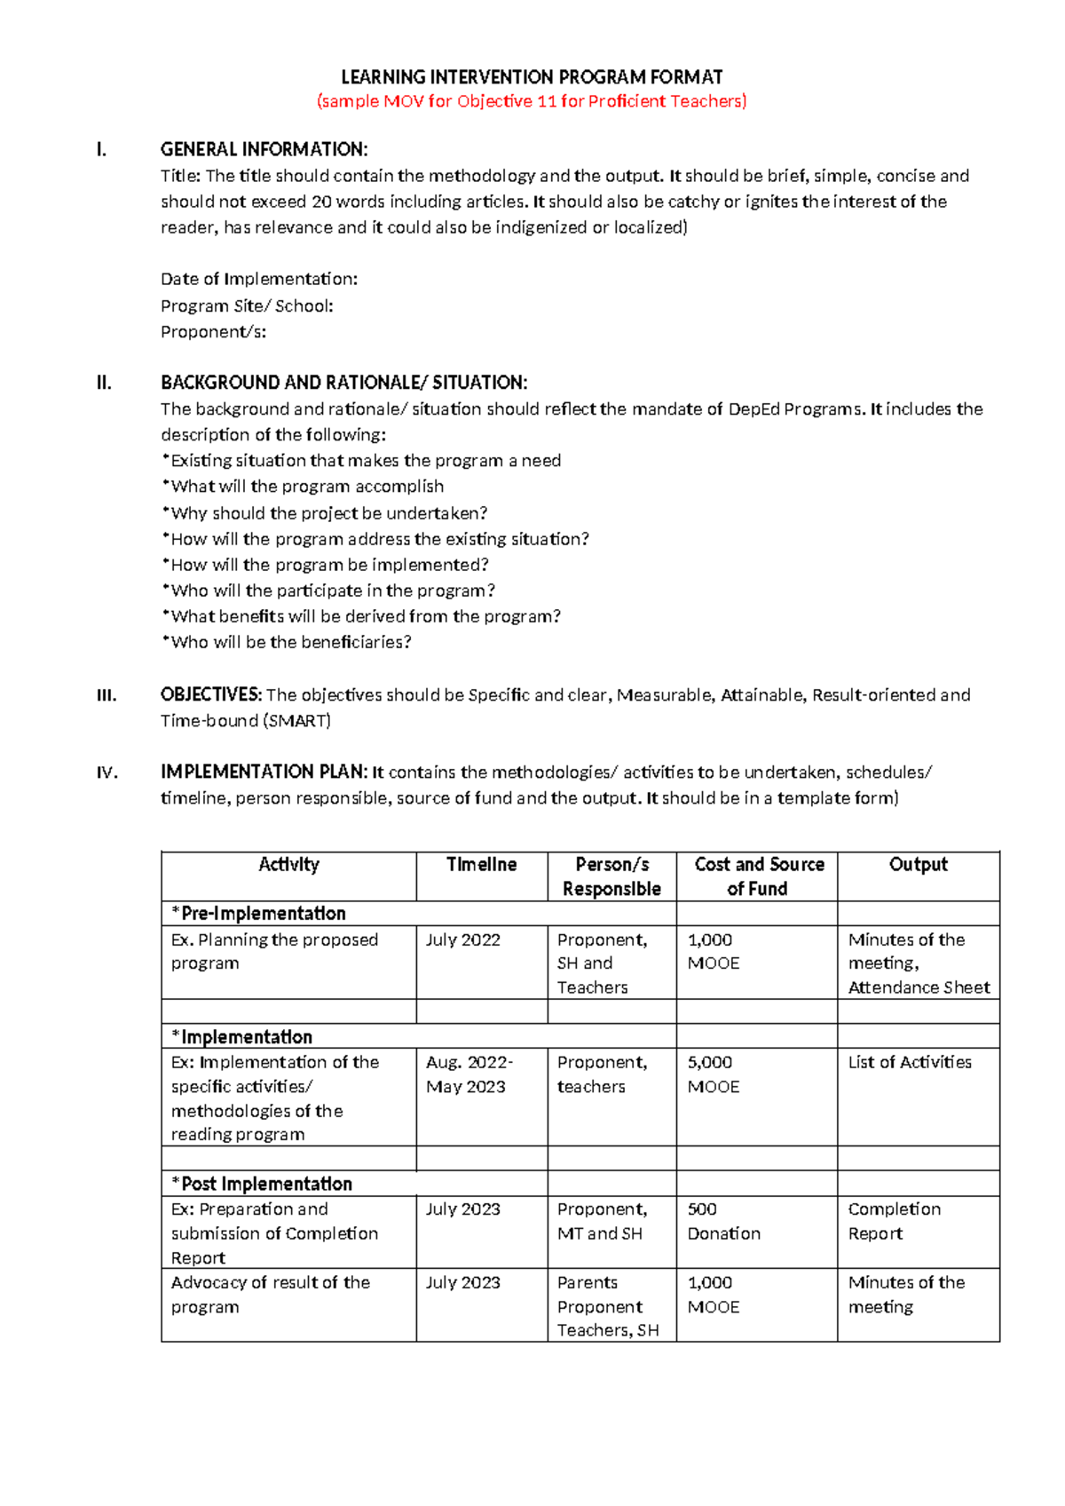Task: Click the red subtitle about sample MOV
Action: point(532,101)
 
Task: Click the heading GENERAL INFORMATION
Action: point(264,149)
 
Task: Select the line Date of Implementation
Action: point(259,279)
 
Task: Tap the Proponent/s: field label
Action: point(213,332)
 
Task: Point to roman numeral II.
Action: point(104,383)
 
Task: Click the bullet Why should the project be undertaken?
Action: point(325,513)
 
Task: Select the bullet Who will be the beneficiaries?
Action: point(287,642)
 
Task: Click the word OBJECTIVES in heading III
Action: point(210,694)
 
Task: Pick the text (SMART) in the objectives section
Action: point(297,721)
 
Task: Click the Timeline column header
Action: point(481,865)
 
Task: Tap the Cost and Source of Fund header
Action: point(758,876)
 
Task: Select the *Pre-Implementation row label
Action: point(259,914)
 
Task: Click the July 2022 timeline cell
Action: point(463,940)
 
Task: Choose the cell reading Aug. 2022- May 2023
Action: point(469,1074)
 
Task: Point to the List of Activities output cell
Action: point(910,1063)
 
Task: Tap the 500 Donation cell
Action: point(723,1221)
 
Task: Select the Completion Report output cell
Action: point(894,1221)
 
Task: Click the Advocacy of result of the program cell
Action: point(271,1295)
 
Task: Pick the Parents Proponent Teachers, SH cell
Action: point(608,1306)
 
